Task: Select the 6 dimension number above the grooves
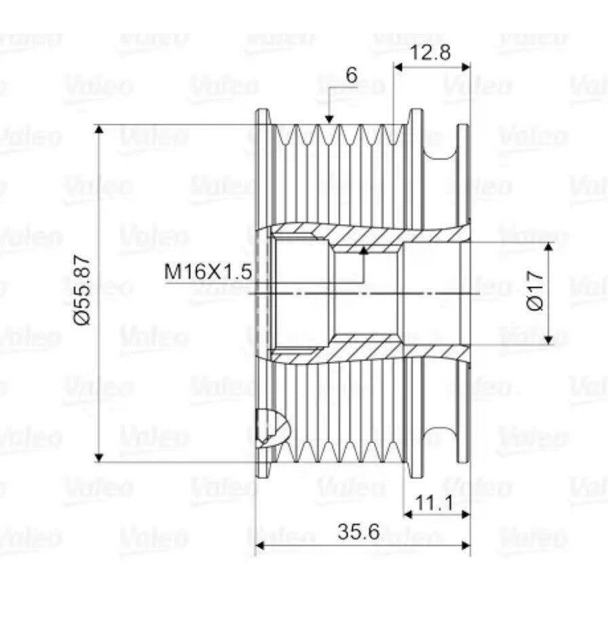point(351,75)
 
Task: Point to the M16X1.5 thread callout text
point(208,271)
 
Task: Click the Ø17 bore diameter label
point(536,291)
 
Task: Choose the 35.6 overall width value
point(358,531)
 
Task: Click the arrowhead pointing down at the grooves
point(328,119)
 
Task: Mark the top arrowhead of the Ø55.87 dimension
point(99,130)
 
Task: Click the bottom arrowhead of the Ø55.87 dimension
point(99,457)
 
